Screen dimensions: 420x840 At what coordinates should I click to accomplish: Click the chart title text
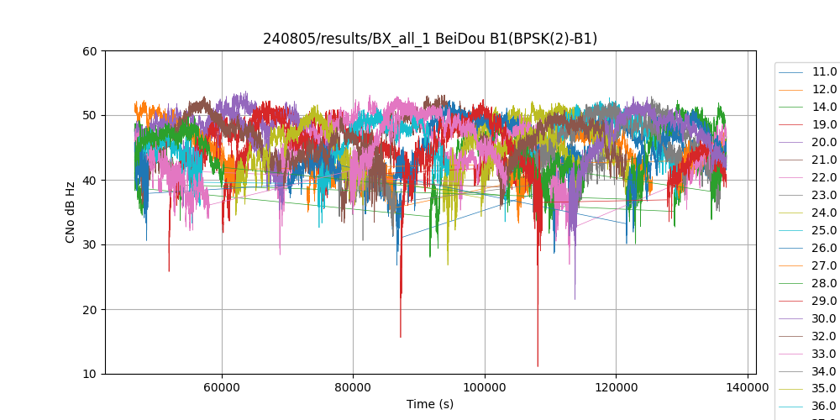pyautogui.click(x=430, y=39)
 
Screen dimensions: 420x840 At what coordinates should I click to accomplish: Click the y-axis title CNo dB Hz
pyautogui.click(x=71, y=213)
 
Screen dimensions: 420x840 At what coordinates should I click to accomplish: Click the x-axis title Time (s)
pyautogui.click(x=430, y=404)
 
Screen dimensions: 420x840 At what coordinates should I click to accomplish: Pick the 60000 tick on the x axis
pyautogui.click(x=222, y=386)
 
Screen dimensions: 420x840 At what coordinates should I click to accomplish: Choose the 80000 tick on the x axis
pyautogui.click(x=353, y=386)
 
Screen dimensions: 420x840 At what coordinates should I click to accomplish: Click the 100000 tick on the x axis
pyautogui.click(x=485, y=386)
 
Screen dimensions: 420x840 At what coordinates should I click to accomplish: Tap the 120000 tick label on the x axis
pyautogui.click(x=616, y=386)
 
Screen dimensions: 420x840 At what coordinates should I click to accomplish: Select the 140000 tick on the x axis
pyautogui.click(x=748, y=386)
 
